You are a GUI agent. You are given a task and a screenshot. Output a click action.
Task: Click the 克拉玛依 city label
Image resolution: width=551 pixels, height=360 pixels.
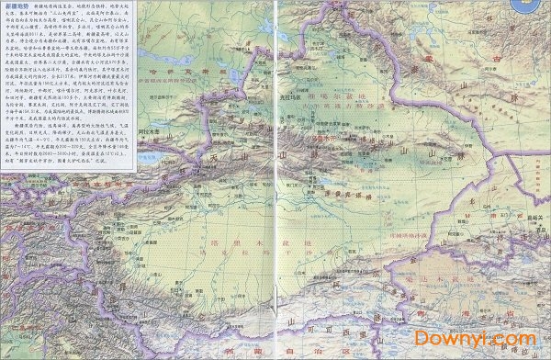291,96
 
